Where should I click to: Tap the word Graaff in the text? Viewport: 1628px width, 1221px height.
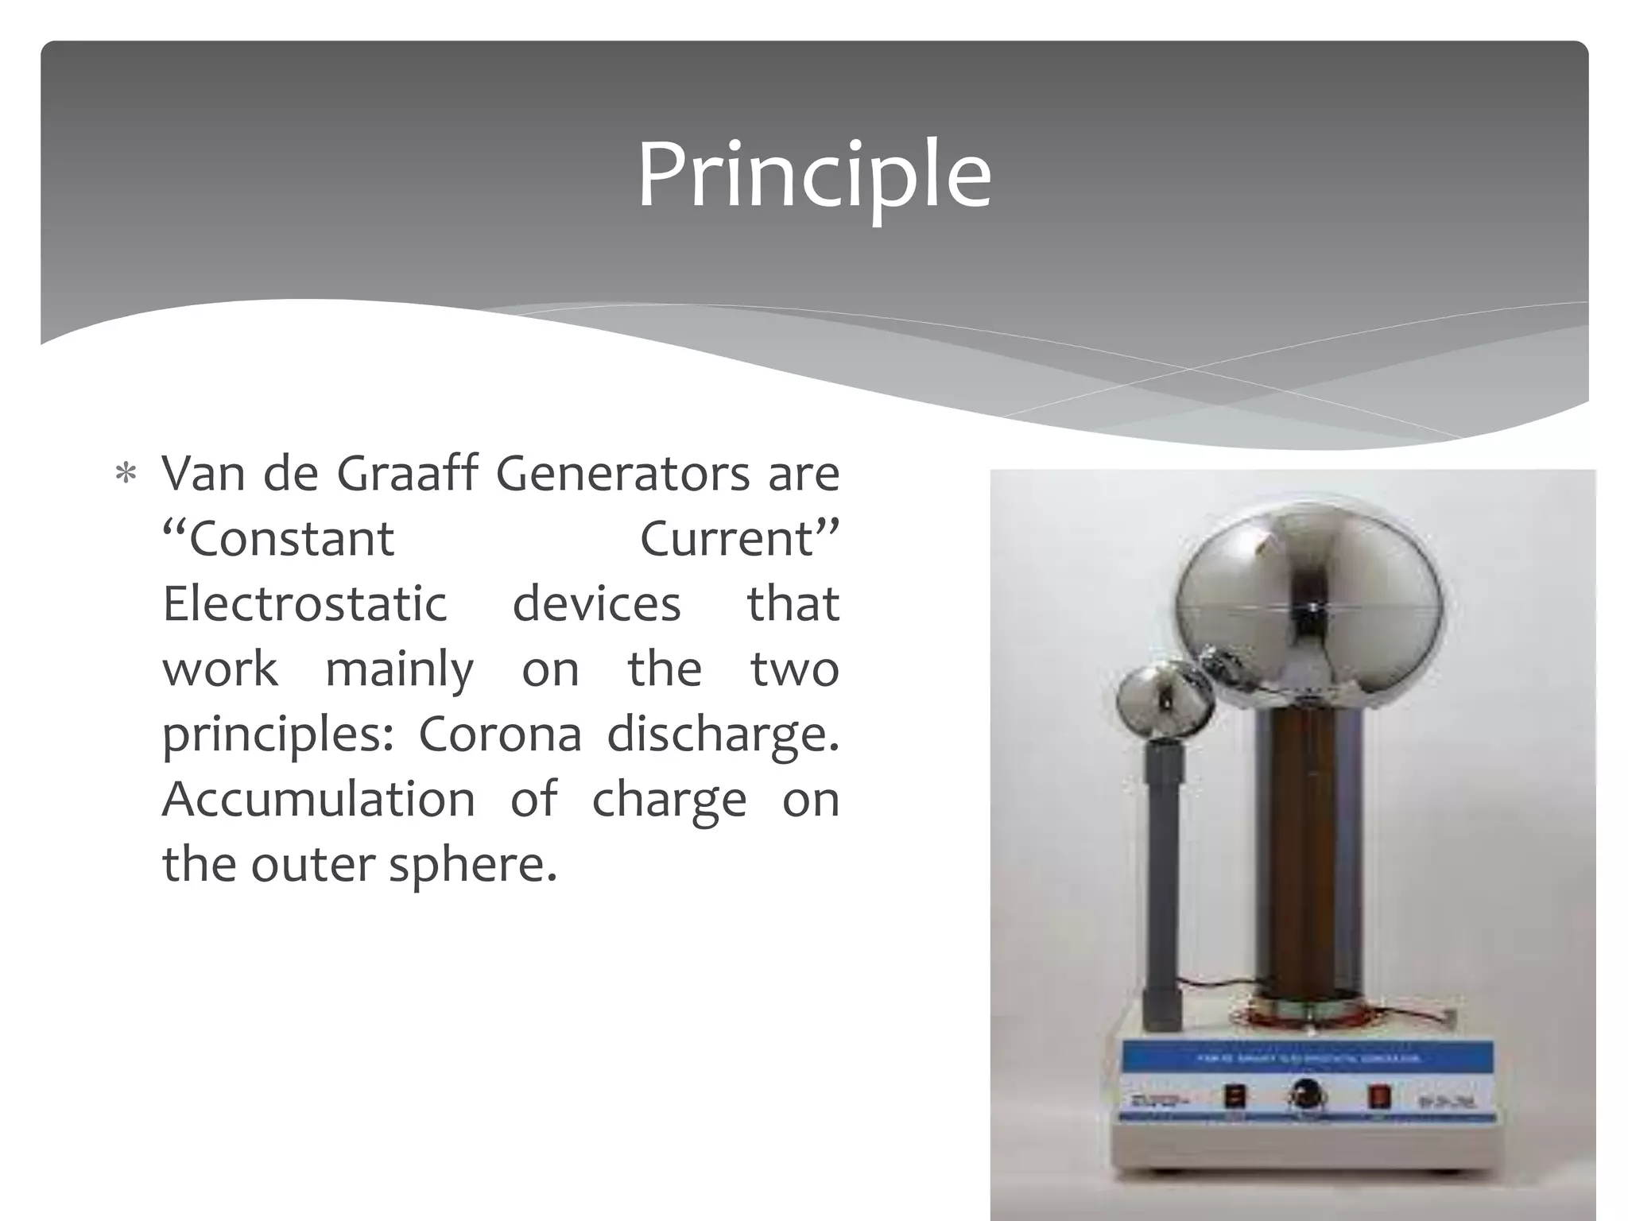407,475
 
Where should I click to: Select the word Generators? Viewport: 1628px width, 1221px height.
622,475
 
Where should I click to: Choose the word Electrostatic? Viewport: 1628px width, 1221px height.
304,604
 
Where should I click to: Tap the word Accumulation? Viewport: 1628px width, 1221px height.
318,799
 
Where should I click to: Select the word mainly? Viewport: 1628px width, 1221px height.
399,669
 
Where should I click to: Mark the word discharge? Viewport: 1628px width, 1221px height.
722,734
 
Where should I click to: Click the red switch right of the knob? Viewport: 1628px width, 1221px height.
1378,1097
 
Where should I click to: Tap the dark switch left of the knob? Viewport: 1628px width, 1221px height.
1234,1098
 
